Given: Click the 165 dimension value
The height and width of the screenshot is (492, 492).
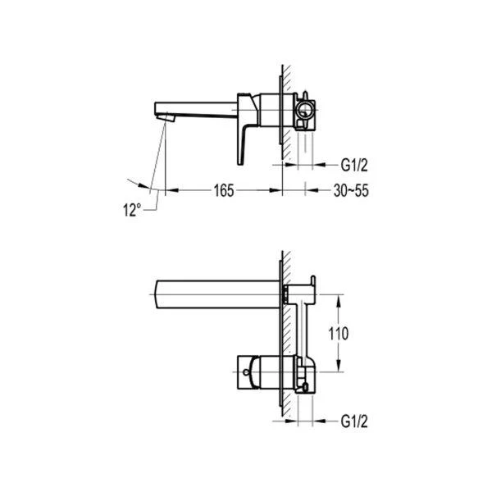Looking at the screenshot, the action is pos(224,190).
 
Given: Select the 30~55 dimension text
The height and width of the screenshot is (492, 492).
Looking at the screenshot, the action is pos(351,190).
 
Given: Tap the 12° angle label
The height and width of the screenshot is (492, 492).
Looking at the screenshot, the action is pos(132,210).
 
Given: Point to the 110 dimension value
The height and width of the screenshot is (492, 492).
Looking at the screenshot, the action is pos(338,334).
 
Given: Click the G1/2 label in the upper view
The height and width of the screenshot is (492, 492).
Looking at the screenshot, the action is pos(354,165).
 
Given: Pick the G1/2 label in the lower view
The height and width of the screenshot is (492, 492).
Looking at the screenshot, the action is pos(354,421).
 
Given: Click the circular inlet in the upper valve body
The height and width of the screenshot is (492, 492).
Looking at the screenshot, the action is pos(304,110).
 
